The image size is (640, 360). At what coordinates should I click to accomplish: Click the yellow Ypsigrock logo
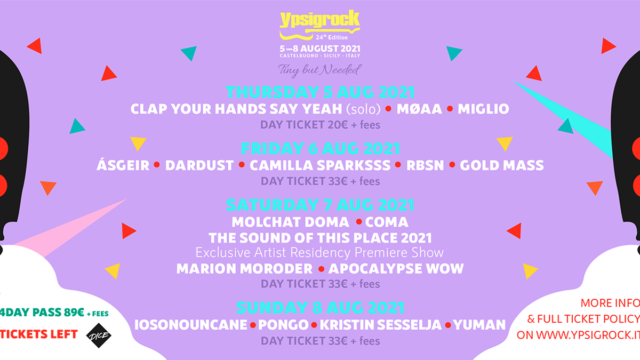coord(319,25)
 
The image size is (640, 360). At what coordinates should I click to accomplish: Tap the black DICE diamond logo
coord(99,335)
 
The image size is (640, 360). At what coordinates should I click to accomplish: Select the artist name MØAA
coord(419,109)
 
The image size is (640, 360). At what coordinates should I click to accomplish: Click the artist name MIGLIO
coord(483,109)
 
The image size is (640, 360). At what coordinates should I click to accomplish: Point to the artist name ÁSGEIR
coord(123,165)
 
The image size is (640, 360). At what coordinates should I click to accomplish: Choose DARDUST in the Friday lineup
coord(199,165)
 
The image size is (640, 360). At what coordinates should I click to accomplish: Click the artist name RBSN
coord(425,165)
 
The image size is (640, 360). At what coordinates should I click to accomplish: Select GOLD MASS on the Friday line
coord(502,165)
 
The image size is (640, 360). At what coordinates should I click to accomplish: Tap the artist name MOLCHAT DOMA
coord(290,222)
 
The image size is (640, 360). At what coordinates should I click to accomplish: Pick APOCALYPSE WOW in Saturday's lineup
coord(396,269)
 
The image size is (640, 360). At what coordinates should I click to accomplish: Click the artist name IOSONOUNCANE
coord(191,325)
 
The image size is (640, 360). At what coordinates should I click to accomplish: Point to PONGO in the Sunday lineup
coord(283,325)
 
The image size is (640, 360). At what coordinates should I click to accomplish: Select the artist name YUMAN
coord(479,325)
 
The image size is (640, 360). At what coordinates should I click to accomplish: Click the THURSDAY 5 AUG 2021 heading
coord(320,92)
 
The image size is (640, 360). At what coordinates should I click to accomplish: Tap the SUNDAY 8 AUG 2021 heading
coord(320,308)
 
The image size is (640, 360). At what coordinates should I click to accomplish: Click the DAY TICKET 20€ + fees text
coord(320,125)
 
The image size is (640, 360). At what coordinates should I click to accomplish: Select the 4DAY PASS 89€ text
coord(42,313)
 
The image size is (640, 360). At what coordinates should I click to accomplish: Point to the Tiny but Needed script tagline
coord(320,70)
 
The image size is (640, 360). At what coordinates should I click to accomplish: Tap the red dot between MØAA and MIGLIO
coord(450,109)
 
